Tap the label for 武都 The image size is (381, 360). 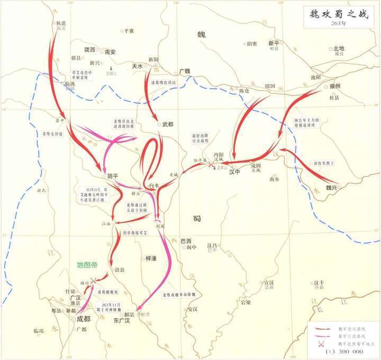pos(168,124)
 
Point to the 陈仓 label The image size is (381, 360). pos(244,91)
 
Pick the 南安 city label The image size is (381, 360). pos(110,52)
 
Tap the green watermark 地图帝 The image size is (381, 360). pos(87,265)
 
